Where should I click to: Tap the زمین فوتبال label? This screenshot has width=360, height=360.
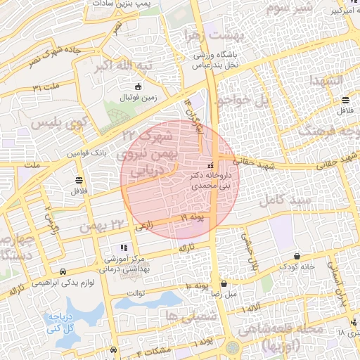(139, 97)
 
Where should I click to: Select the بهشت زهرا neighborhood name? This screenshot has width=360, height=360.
(212, 34)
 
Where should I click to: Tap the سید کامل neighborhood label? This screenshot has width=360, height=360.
(281, 201)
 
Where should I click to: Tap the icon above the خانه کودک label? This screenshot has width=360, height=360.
(297, 257)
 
